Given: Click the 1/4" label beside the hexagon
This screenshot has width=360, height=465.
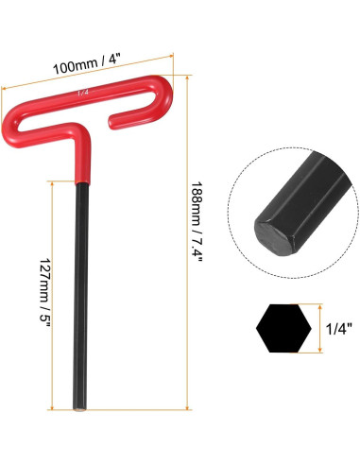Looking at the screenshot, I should tap(338, 329).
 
